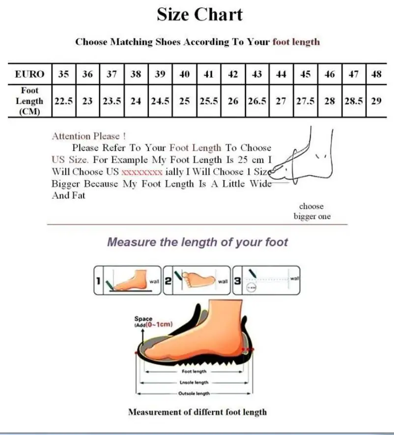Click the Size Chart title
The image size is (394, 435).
click(200, 14)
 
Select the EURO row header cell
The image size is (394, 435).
click(29, 75)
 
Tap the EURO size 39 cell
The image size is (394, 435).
click(160, 75)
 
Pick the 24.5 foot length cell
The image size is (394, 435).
click(160, 101)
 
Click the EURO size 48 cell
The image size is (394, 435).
click(377, 75)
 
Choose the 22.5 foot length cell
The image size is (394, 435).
click(63, 101)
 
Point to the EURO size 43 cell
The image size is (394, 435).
click(257, 75)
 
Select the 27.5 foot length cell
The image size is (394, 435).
click(305, 101)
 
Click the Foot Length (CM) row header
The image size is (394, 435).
click(29, 101)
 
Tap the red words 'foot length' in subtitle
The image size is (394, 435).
click(296, 42)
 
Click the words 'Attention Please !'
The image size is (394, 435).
click(88, 136)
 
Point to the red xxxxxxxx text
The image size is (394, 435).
click(141, 172)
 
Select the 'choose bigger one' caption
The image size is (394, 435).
click(312, 212)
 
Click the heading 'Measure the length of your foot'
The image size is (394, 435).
click(197, 242)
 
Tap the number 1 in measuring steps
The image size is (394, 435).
click(98, 281)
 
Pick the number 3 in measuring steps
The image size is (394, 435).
click(237, 281)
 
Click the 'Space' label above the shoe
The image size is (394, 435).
click(143, 319)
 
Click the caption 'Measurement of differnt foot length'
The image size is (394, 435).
click(197, 412)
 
